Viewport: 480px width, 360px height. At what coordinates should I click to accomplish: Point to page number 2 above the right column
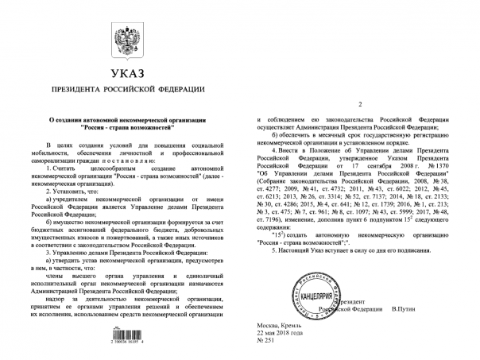tap(359, 105)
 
